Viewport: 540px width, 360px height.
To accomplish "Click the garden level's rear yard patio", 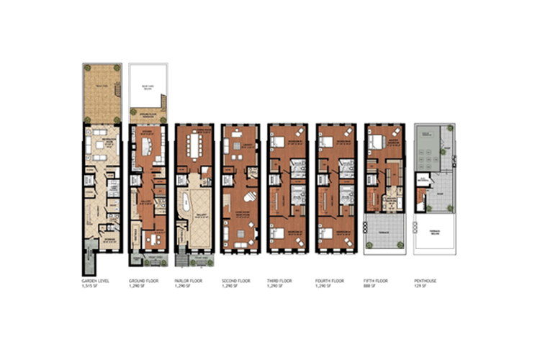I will [99, 94].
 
